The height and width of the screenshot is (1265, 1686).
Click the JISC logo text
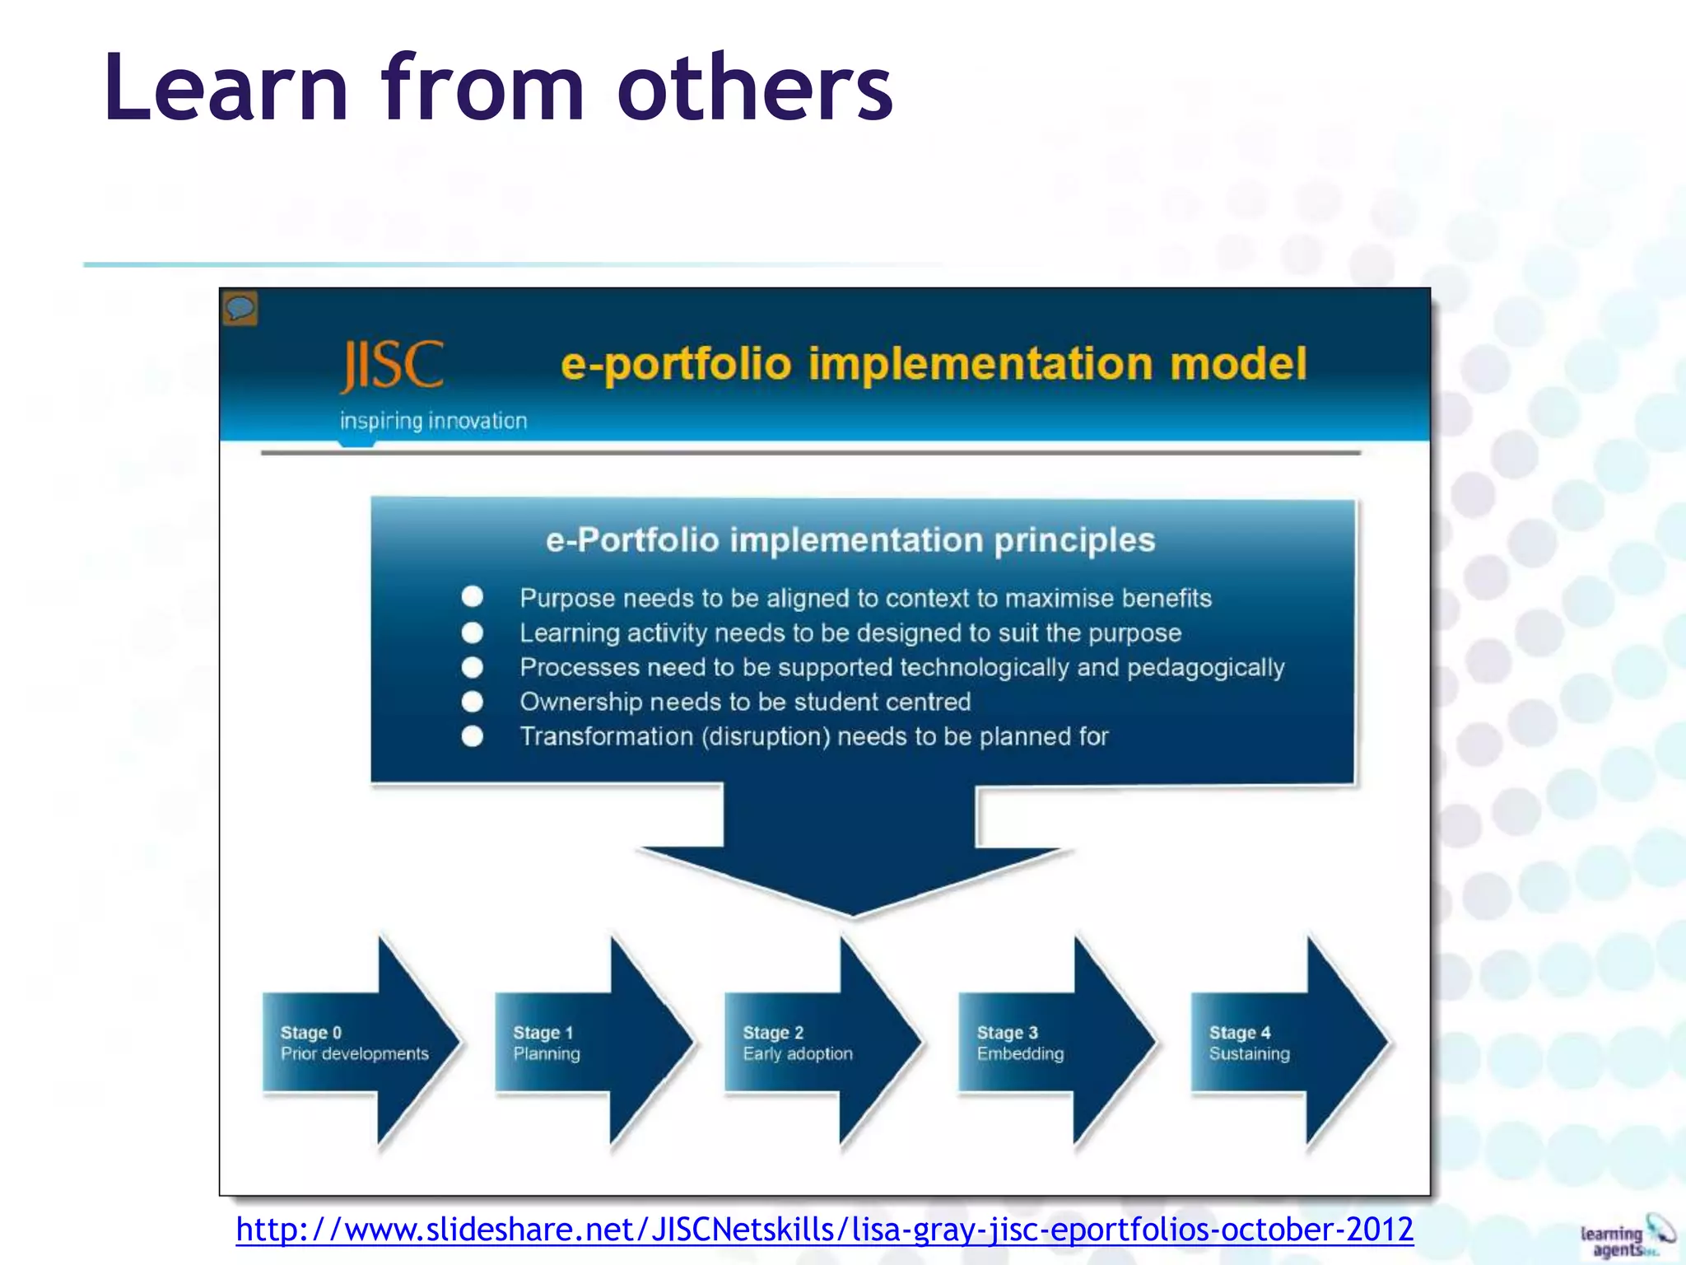[x=393, y=366]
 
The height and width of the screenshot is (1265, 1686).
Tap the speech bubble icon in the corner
[x=240, y=309]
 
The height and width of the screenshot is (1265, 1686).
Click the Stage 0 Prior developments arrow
[x=358, y=1043]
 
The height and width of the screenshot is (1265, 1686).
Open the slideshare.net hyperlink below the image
[x=824, y=1230]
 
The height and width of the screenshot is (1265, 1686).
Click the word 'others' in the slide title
[x=755, y=87]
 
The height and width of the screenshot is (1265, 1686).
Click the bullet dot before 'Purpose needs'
[x=473, y=596]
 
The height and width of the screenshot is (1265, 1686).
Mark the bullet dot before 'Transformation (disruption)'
[x=473, y=735]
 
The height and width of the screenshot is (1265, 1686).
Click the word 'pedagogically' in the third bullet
[x=1205, y=667]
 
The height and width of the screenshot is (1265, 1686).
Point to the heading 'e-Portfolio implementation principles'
[x=850, y=540]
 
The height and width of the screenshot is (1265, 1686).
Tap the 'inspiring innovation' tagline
[x=433, y=421]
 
